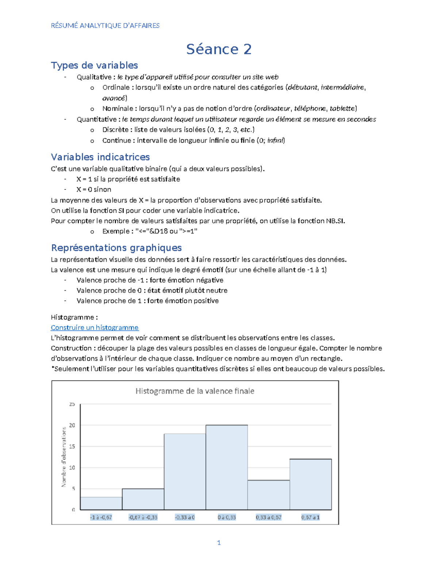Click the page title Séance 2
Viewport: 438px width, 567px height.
219,49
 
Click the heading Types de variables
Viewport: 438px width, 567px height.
94,65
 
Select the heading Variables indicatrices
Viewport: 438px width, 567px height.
100,157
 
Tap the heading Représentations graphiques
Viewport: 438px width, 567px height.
116,248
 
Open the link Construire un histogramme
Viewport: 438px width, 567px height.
95,327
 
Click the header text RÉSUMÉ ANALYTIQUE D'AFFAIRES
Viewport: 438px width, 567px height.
105,26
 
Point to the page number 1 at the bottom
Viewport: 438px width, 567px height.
219,543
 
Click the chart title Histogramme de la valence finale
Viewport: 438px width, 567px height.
195,391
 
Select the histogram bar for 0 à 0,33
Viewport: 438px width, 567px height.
227,467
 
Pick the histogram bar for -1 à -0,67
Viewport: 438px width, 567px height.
101,503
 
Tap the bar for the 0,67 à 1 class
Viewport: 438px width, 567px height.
311,484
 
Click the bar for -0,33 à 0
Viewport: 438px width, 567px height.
185,472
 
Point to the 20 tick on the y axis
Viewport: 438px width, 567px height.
72,425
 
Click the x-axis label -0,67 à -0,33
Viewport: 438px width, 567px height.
143,517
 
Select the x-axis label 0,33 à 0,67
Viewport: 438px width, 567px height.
269,517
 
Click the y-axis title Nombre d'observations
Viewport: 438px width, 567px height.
64,457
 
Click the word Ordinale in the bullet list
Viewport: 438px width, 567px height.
116,88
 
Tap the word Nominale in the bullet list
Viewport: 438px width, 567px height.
118,108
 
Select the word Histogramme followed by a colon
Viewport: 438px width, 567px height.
72,317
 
